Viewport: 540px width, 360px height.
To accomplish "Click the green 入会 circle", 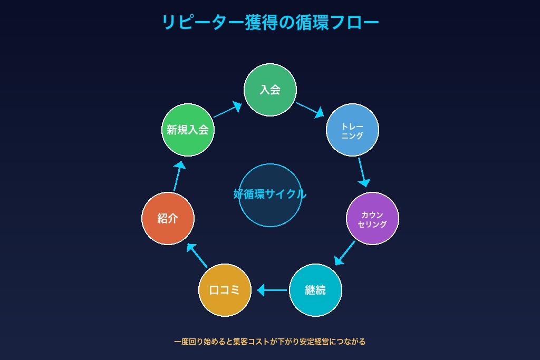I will click(270, 90).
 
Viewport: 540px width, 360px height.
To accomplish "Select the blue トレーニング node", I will click(352, 130).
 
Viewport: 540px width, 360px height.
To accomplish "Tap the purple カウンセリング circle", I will click(372, 218).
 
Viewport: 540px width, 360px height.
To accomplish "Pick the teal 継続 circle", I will click(315, 290).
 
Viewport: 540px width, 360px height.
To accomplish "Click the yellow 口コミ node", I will click(225, 290).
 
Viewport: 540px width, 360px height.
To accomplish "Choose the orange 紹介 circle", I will click(168, 218).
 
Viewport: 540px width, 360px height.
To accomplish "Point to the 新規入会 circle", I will click(188, 130).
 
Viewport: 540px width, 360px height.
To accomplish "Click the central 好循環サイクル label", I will click(270, 194).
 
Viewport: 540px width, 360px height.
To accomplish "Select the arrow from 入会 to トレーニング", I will click(310, 109).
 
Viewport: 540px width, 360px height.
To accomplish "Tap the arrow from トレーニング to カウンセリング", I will click(362, 172).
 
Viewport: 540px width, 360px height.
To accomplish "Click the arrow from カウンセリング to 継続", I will click(345, 253).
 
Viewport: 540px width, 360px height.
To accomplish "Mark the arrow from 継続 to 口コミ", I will click(272, 290).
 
